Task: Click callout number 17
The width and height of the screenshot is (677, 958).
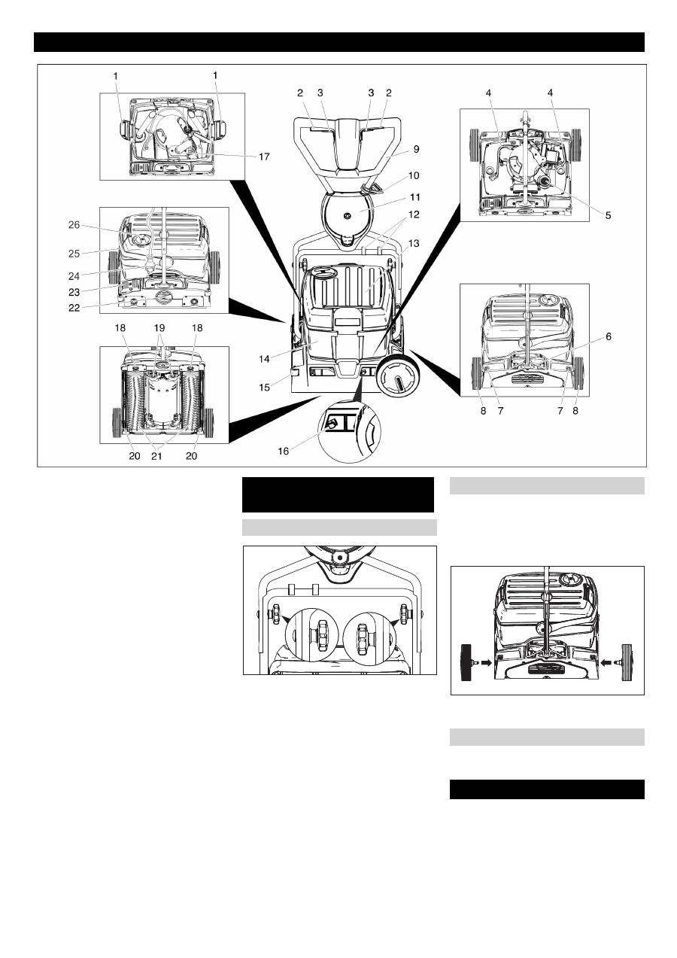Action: pos(264,157)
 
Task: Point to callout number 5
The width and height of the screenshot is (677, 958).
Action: pos(608,215)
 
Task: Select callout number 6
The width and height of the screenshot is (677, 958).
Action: pos(609,336)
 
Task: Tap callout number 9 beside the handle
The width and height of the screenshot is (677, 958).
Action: pos(416,149)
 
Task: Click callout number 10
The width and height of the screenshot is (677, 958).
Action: pos(414,175)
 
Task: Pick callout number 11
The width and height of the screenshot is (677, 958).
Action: pos(415,197)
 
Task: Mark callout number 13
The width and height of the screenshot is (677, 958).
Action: pos(414,243)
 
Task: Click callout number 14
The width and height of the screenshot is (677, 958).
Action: pos(264,359)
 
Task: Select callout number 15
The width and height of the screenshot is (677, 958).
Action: pos(264,387)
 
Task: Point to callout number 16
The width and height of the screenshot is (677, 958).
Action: pos(284,452)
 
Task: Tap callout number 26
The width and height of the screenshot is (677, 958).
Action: pos(74,225)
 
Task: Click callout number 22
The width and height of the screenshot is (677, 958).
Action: pos(74,308)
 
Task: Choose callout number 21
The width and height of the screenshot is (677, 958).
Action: pos(157,456)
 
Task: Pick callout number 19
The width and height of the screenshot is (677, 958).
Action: pos(159,328)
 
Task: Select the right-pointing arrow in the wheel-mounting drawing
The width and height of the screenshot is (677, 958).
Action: pos(487,662)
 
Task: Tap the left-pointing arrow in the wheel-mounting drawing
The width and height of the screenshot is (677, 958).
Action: pos(606,662)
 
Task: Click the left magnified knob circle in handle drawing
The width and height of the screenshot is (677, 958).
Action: pos(311,635)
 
